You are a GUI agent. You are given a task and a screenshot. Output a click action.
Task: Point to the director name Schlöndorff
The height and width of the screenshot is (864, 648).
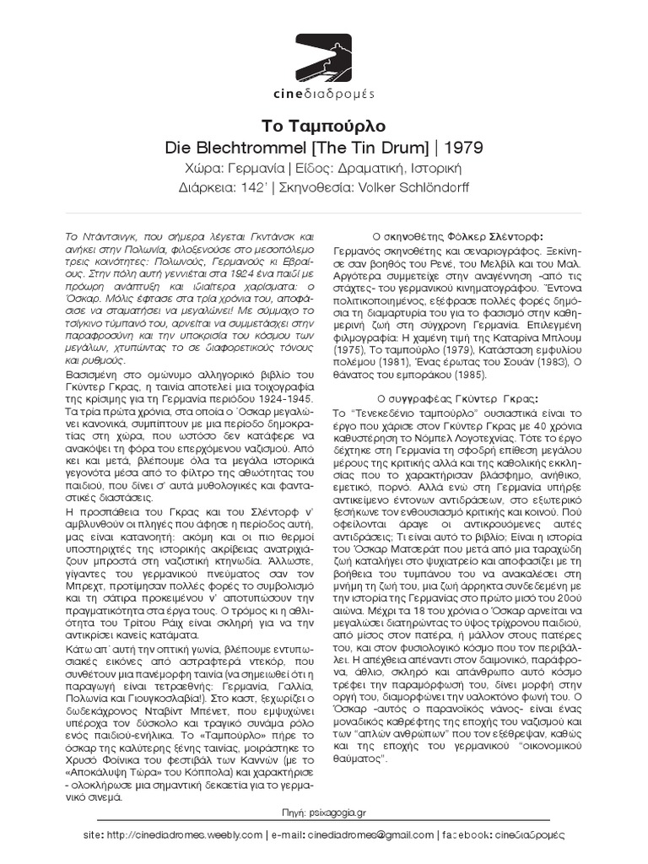435,186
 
